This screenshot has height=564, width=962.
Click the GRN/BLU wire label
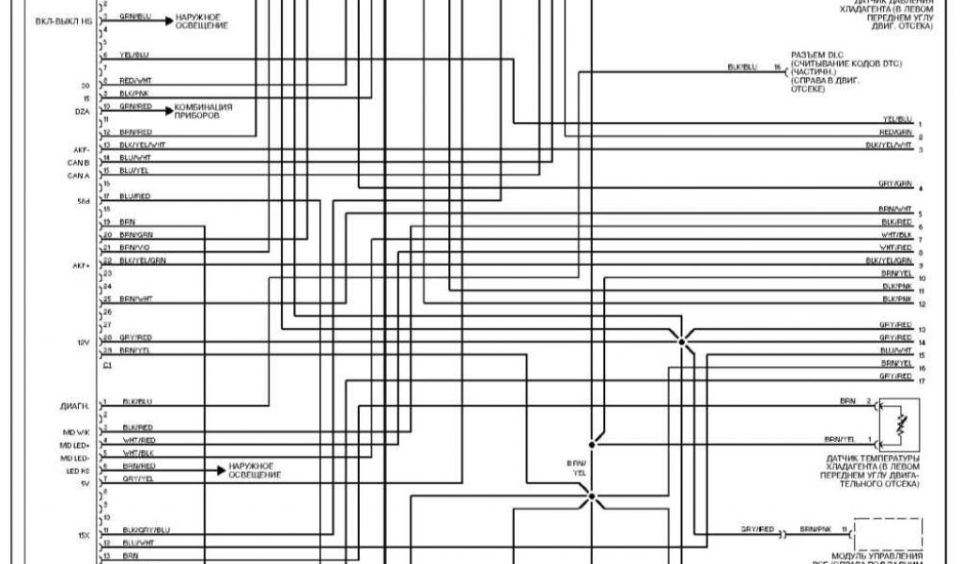(x=135, y=17)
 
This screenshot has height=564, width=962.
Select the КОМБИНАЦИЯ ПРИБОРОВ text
(x=202, y=111)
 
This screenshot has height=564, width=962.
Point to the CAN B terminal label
(x=78, y=163)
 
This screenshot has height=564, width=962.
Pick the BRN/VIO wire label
(x=136, y=247)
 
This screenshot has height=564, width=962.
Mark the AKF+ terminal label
(x=80, y=266)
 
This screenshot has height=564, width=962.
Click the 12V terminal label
(x=82, y=342)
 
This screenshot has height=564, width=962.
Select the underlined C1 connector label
(x=107, y=363)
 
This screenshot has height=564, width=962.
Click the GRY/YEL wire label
(x=137, y=478)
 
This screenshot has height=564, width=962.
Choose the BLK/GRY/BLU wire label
(x=145, y=530)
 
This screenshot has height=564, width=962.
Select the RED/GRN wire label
(x=895, y=133)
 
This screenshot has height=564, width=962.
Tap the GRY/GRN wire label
(x=894, y=183)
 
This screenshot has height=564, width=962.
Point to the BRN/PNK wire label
(x=814, y=530)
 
